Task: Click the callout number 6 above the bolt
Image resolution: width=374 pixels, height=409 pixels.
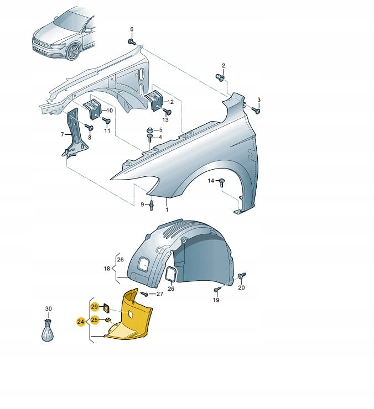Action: coord(132,29)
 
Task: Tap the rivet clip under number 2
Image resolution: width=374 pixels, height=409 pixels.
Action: coord(220,77)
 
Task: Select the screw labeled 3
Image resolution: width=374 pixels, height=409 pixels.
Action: coord(256,111)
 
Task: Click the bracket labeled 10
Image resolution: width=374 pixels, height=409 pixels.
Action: coord(93,109)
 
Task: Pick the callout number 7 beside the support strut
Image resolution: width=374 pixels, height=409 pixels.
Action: coord(62,134)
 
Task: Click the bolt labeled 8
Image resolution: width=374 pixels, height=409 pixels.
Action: coord(89,127)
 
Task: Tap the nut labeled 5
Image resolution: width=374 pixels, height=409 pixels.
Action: coord(150,130)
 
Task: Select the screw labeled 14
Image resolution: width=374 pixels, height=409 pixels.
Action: coord(221,182)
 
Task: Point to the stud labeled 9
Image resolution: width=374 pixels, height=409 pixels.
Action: coord(152,205)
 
